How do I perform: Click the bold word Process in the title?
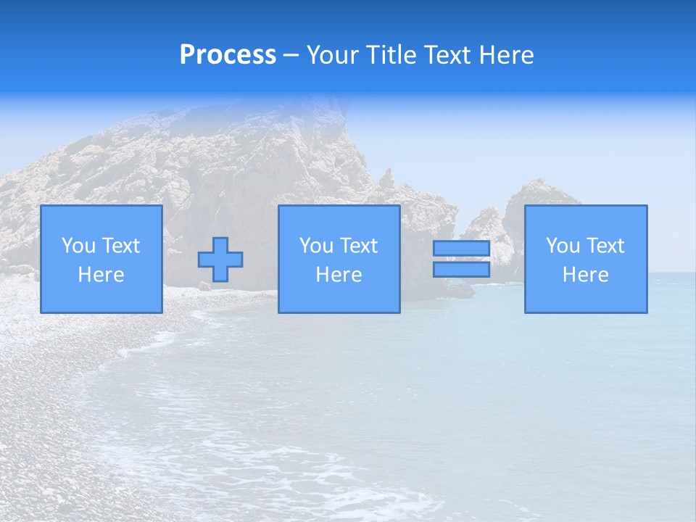(x=228, y=55)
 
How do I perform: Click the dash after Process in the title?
(x=291, y=56)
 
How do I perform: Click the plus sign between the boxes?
(x=220, y=260)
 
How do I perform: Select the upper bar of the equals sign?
(x=461, y=249)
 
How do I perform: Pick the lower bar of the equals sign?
(x=461, y=269)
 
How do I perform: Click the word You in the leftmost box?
(x=78, y=246)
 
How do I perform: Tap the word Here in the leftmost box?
(x=101, y=275)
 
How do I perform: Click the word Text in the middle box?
(x=358, y=246)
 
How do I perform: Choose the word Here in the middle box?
(x=339, y=275)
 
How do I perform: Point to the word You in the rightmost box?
(x=563, y=246)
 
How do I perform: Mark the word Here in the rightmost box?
(x=585, y=275)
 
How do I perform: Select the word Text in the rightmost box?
(x=605, y=246)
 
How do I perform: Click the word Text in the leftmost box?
(x=120, y=246)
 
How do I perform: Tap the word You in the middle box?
(x=316, y=246)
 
